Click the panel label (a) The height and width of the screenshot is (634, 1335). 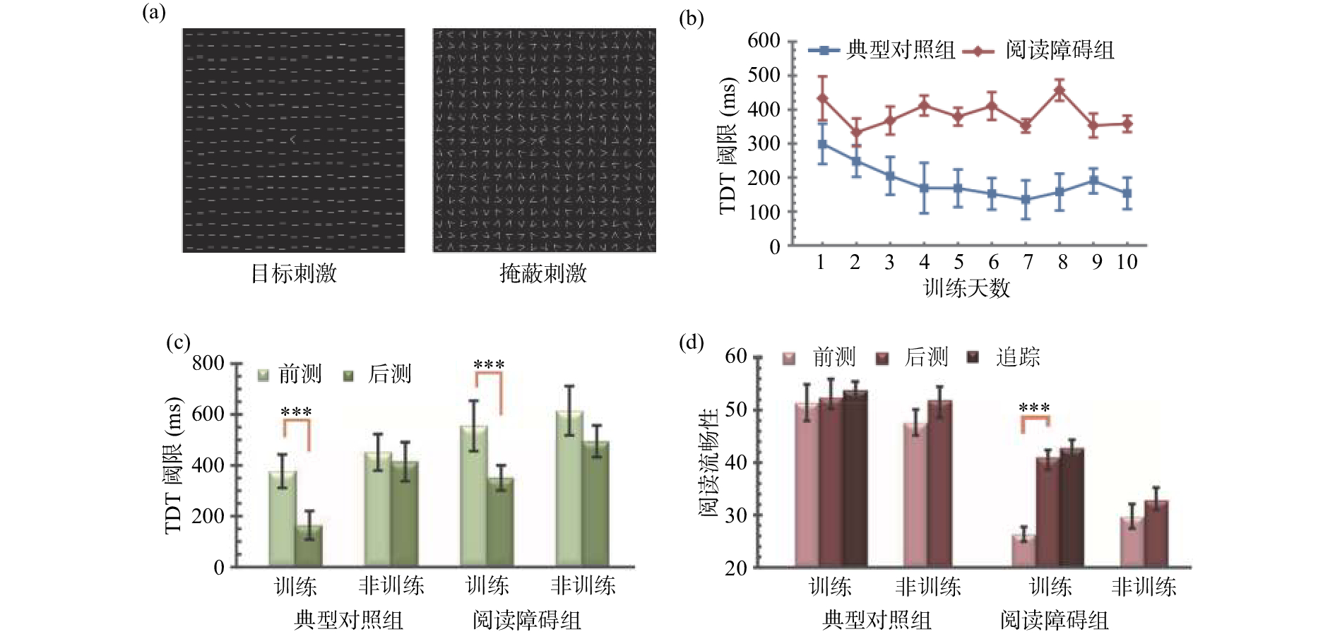(153, 13)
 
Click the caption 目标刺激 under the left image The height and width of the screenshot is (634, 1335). (294, 274)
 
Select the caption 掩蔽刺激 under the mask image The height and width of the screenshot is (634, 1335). (543, 274)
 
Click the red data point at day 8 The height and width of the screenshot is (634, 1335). (1060, 90)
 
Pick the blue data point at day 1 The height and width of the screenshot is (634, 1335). (821, 144)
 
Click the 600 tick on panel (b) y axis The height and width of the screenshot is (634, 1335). (764, 41)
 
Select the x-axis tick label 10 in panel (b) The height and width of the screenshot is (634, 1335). (1127, 263)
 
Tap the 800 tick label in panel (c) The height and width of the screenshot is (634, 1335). (208, 364)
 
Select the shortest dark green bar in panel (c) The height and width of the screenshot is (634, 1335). (309, 545)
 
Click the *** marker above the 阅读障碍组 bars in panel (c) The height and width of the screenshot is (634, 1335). (489, 365)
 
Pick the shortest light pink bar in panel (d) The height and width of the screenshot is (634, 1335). (1024, 551)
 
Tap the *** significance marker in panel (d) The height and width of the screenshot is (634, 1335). (1034, 408)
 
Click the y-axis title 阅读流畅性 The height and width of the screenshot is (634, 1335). (708, 462)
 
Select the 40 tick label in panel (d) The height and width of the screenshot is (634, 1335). (735, 463)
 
